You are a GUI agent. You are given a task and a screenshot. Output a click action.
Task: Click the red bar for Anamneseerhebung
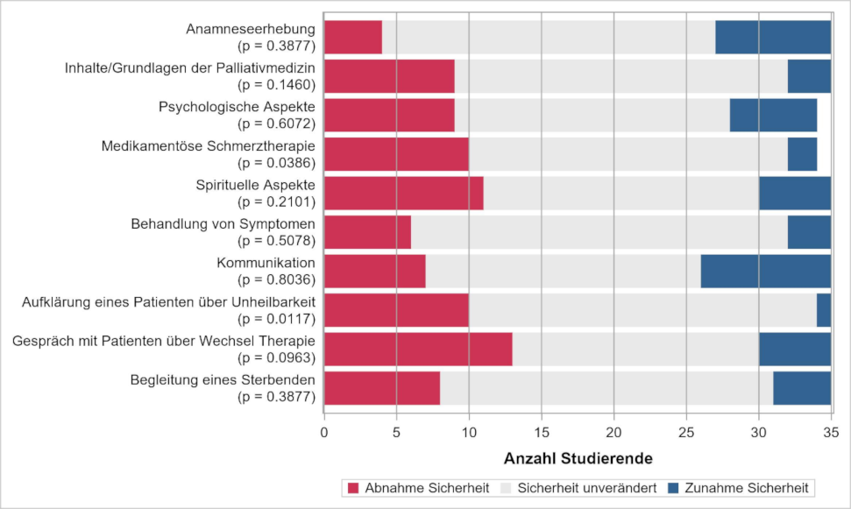point(353,37)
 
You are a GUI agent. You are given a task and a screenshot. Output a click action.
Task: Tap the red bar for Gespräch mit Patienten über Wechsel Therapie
point(418,350)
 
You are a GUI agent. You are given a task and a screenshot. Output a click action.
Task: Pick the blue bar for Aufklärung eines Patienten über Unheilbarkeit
point(823,310)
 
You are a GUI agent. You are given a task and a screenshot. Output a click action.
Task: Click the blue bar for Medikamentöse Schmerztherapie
point(802,154)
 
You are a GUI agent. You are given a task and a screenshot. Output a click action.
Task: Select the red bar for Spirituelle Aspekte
point(404,193)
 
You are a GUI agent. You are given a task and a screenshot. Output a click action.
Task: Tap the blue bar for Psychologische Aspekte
point(773,115)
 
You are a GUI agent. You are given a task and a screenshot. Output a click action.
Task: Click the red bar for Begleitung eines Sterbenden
point(382,388)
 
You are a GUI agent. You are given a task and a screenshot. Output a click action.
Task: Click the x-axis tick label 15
point(542,431)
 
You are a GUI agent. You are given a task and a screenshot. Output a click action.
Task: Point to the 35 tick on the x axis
point(831,431)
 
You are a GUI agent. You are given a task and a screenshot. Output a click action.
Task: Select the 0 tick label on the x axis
point(324,431)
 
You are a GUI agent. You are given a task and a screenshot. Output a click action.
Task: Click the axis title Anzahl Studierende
point(578,458)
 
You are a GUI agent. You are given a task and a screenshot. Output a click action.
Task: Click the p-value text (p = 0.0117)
point(276,319)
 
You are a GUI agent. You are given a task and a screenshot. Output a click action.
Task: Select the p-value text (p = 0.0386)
point(276,162)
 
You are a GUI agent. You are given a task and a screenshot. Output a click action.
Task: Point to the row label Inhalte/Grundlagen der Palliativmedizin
point(190,68)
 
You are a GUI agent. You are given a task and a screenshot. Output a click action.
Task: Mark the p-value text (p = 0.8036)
point(276,279)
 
